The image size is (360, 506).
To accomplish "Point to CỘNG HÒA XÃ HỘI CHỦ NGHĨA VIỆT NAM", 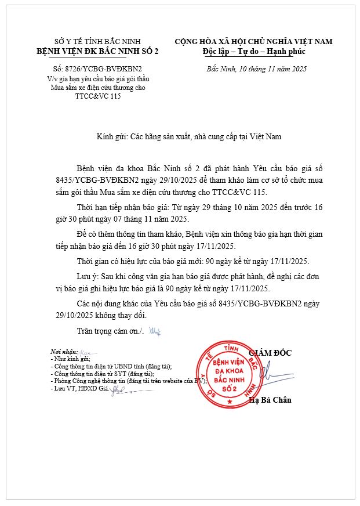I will [x=253, y=42].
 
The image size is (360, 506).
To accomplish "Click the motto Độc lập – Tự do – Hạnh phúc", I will [x=253, y=52].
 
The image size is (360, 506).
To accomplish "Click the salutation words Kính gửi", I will [x=110, y=137].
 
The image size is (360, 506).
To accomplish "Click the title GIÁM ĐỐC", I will [x=270, y=353].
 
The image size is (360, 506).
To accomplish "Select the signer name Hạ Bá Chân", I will [x=270, y=400].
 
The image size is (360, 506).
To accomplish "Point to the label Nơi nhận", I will [x=64, y=352].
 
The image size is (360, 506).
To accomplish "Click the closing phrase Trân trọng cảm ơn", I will [x=110, y=331].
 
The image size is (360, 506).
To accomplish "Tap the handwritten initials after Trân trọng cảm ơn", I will [x=154, y=331].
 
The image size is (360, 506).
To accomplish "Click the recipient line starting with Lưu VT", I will [x=80, y=388].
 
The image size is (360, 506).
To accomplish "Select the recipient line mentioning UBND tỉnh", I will [x=111, y=367].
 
